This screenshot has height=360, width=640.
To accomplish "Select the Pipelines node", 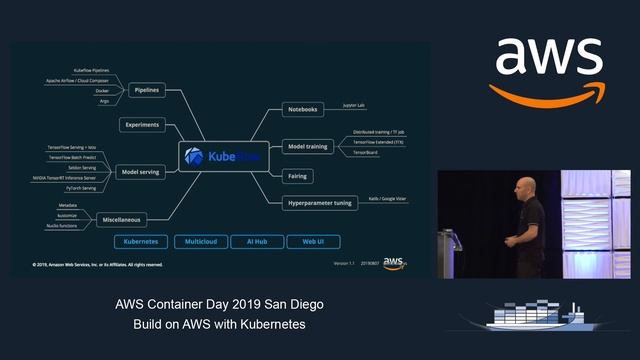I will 147,90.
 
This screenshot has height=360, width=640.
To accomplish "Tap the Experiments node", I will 145,125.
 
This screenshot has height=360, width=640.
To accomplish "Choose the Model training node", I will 306,146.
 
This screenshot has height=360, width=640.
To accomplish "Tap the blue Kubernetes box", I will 140,242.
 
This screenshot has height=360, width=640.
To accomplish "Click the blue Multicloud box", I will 200,242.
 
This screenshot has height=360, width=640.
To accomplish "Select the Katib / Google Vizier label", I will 388,199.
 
